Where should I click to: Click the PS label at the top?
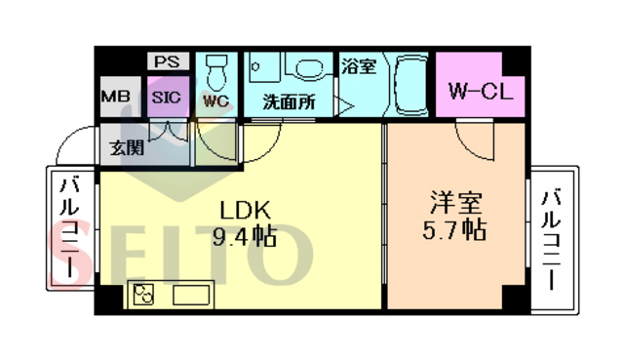(x=165, y=60)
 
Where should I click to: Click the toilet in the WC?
(x=215, y=69)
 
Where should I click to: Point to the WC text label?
(x=215, y=100)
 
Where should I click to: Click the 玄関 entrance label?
(x=125, y=148)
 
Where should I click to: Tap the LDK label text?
(x=237, y=210)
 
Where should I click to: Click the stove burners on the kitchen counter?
(x=145, y=295)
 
